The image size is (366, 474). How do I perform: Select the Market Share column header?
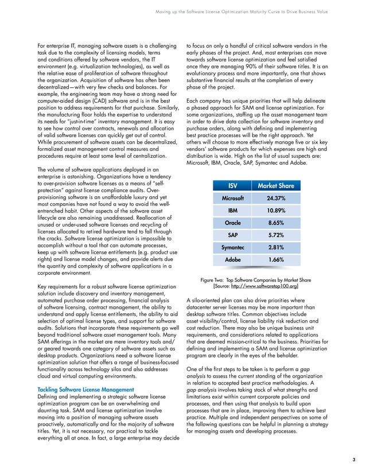point(275,185)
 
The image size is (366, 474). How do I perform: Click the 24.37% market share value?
point(275,198)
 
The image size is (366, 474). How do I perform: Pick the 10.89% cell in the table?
point(275,211)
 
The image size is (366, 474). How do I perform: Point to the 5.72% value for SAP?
point(275,235)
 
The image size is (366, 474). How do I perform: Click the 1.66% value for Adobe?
point(275,260)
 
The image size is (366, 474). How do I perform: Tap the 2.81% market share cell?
point(275,248)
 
